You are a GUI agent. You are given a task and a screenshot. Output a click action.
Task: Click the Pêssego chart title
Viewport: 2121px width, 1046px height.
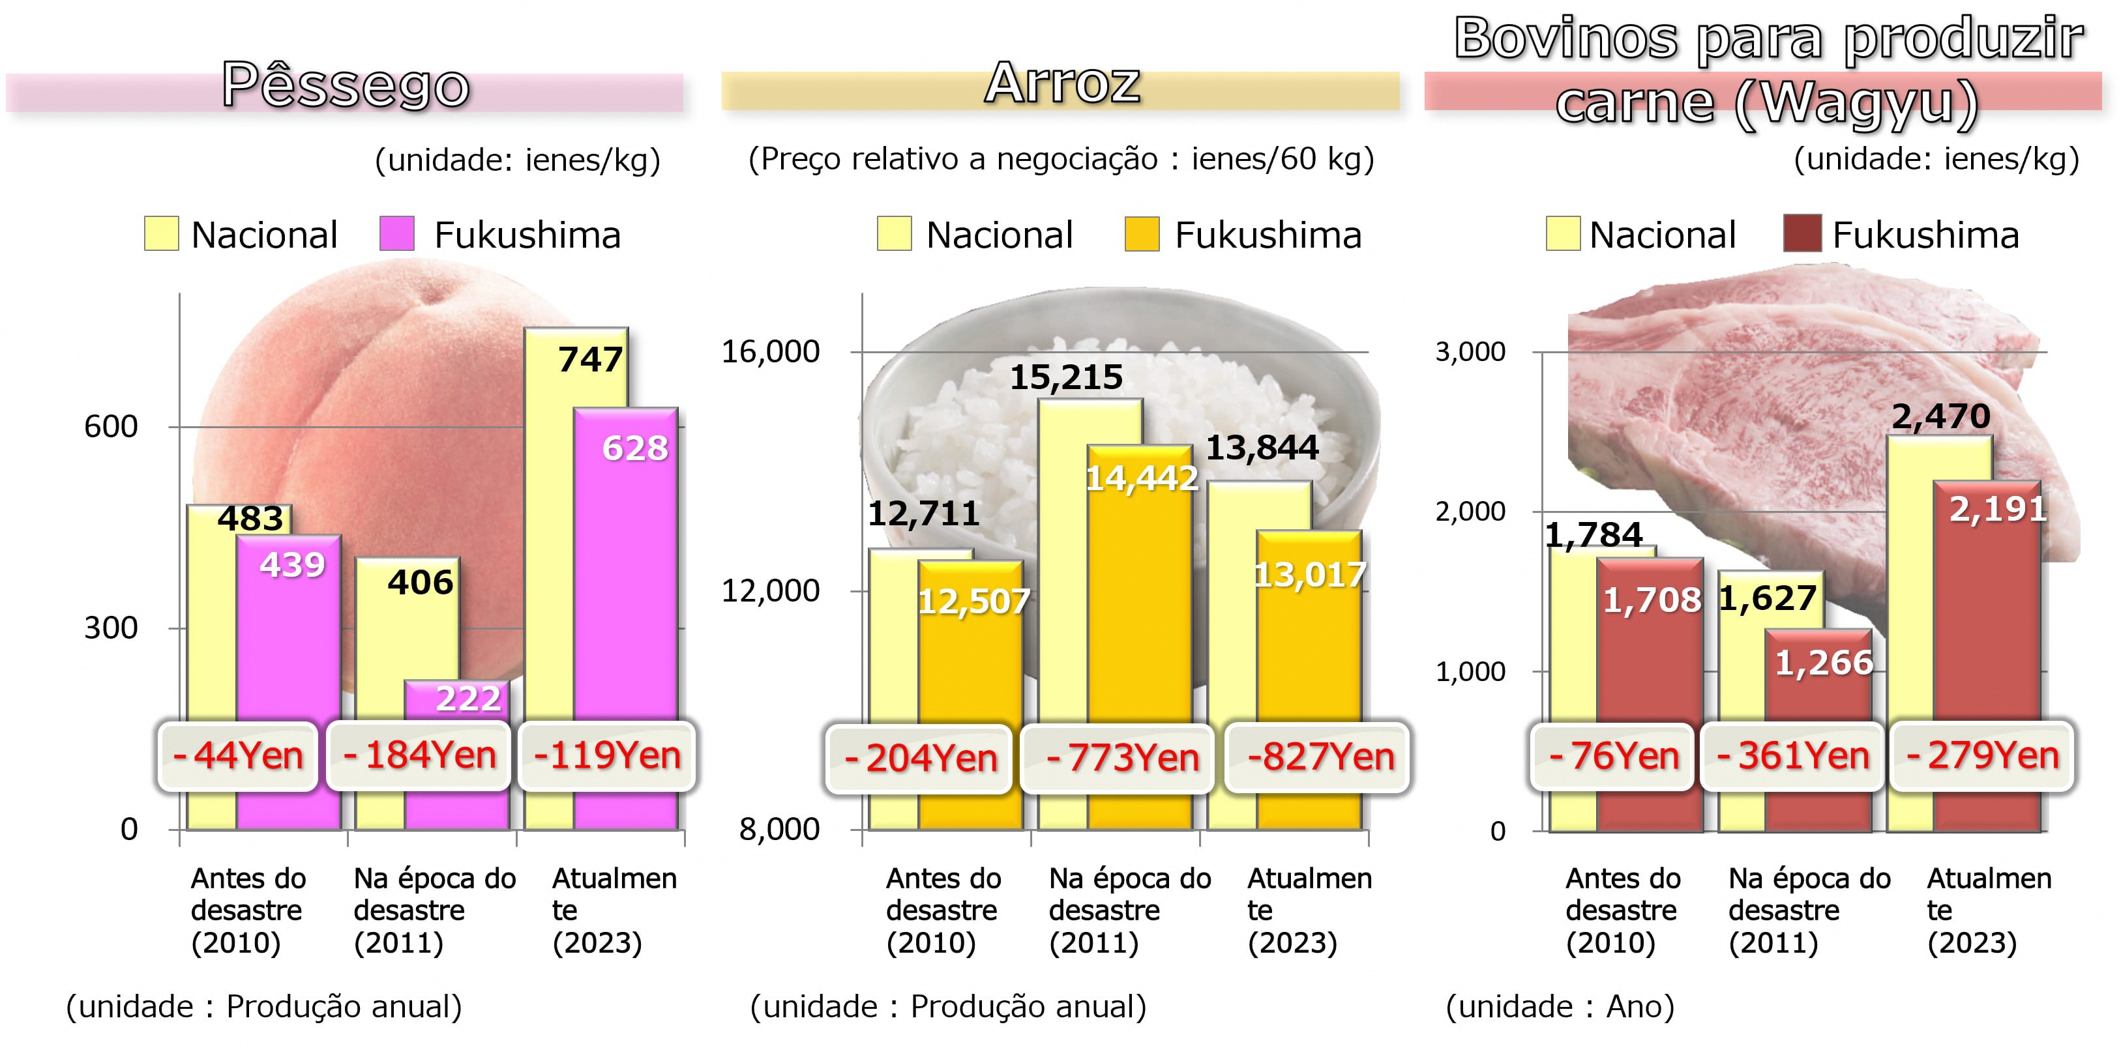(346, 85)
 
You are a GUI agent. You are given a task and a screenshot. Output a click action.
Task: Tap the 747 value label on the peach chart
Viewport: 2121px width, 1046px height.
(590, 360)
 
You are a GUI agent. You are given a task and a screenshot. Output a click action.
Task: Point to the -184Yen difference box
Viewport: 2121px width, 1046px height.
(419, 755)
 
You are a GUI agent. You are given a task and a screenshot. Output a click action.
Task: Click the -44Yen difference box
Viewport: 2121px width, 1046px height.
(238, 755)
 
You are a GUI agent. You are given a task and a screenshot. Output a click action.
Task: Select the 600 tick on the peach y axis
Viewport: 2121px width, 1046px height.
(111, 426)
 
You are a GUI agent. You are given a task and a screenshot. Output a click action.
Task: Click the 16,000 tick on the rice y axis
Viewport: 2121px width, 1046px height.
(771, 351)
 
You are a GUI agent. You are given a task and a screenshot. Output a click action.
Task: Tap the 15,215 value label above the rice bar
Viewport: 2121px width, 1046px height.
(1065, 378)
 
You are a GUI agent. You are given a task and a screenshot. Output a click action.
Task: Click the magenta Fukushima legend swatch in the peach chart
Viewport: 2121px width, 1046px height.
(397, 234)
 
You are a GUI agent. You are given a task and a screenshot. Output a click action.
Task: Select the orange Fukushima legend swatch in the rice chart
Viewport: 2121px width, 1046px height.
(1142, 234)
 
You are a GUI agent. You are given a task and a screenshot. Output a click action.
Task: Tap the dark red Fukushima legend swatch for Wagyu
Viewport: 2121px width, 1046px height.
(1801, 234)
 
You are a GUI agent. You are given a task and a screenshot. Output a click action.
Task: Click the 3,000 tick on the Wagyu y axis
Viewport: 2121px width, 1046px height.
(1470, 351)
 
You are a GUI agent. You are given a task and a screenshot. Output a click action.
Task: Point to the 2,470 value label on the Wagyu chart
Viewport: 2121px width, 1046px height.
(1940, 416)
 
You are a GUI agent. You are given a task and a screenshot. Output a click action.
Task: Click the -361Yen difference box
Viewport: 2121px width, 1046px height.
(1792, 755)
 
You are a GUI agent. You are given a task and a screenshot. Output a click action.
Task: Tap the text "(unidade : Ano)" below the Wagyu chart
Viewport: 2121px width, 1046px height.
(1560, 1006)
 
